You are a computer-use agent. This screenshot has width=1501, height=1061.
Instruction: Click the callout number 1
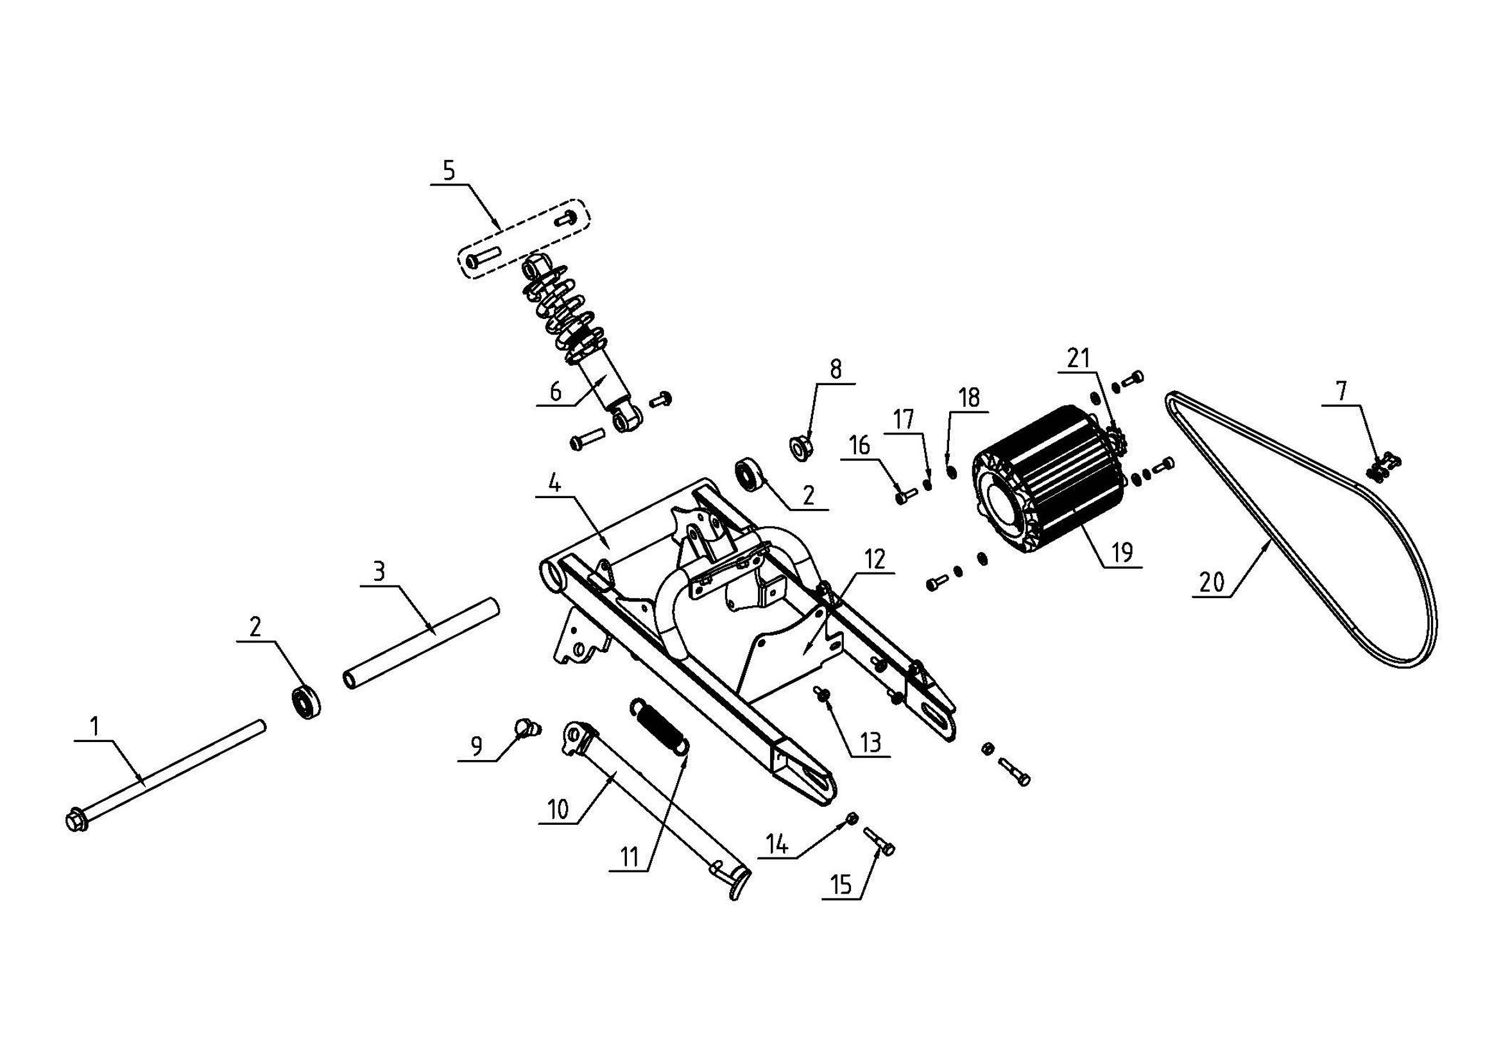coord(94,727)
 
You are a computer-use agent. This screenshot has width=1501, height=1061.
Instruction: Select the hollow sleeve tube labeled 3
coord(422,642)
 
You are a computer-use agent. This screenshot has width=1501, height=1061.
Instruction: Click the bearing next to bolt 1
coord(305,702)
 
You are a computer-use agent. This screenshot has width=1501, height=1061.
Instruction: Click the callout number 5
coord(449,171)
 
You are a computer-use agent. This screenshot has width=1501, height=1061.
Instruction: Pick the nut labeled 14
coord(852,818)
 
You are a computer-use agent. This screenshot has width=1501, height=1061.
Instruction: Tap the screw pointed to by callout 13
coord(818,692)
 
